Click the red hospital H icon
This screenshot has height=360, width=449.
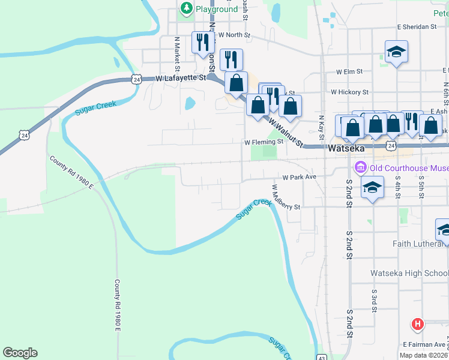[418, 324]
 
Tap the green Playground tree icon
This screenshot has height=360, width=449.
[187, 8]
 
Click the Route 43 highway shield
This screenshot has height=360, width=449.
[322, 356]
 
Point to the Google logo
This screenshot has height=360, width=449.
[20, 353]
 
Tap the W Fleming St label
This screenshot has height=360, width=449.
[263, 142]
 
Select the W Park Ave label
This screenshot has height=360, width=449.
[299, 178]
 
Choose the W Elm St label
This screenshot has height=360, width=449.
[349, 71]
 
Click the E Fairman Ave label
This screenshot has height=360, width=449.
[424, 344]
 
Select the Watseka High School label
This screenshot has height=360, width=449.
[409, 274]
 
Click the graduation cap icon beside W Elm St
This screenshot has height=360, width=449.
[396, 53]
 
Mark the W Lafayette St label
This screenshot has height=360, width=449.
[180, 78]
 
